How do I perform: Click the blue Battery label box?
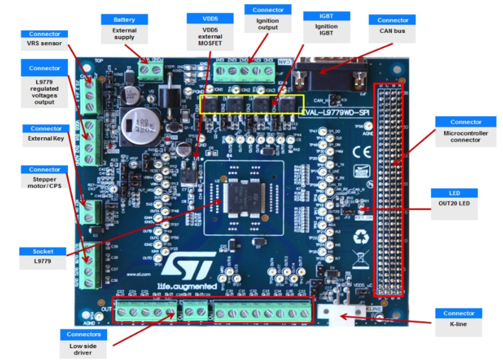[124, 19]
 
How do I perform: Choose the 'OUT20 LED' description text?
[454, 204]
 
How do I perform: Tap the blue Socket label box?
[44, 251]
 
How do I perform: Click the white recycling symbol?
[362, 236]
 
